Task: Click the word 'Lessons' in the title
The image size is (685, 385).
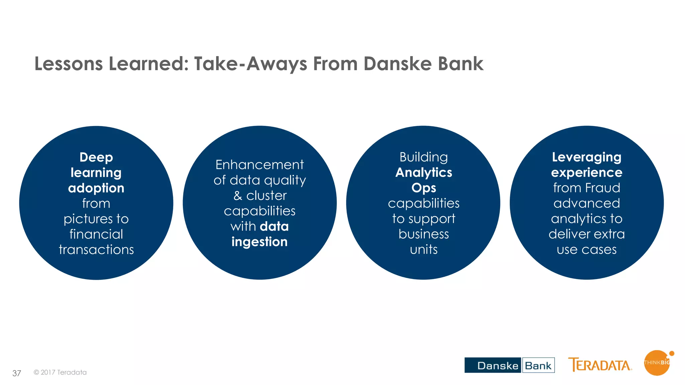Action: click(69, 63)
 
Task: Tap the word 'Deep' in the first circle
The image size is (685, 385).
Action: click(96, 157)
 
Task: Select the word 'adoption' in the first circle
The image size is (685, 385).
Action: click(96, 188)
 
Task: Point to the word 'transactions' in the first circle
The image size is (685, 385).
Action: click(96, 250)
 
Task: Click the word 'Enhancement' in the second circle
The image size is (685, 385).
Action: click(260, 165)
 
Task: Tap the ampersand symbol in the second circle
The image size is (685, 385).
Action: click(237, 196)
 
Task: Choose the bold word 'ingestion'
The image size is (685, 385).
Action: click(260, 242)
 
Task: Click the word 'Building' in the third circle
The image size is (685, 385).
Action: click(423, 157)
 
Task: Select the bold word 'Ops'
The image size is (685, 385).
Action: click(423, 188)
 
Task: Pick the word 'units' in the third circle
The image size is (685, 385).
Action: click(423, 250)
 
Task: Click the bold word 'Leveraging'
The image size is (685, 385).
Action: click(586, 157)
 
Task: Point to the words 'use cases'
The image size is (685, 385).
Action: click(586, 250)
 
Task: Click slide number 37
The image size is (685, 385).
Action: click(17, 373)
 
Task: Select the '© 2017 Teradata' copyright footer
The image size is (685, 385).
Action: click(60, 372)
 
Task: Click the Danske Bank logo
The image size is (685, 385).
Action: click(509, 365)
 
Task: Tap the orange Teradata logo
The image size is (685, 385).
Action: click(600, 365)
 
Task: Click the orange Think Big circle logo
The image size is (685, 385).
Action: click(657, 363)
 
